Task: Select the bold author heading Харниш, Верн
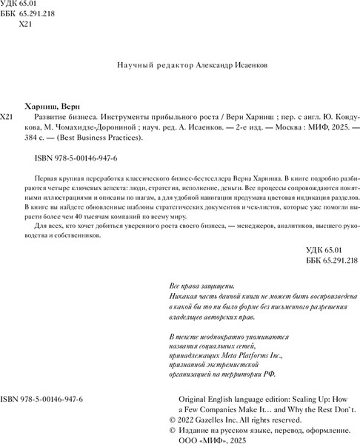pos(59,106)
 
